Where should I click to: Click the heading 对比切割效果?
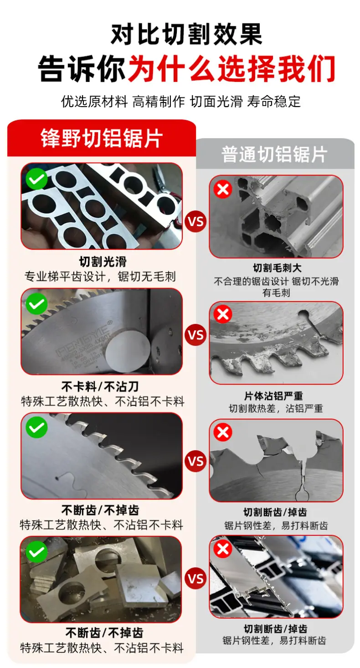tap(186, 34)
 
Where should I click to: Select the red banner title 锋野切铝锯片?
tap(102, 138)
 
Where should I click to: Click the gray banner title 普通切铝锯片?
tap(274, 154)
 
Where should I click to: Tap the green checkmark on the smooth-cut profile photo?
tap(37, 179)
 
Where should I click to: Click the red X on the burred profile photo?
tap(223, 189)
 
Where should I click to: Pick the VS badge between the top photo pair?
tap(195, 221)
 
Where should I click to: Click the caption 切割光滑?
tap(103, 262)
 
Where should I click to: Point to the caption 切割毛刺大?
tap(277, 268)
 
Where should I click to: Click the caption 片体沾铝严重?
tap(273, 396)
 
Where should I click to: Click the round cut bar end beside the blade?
tap(128, 347)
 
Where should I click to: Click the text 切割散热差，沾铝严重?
tap(276, 408)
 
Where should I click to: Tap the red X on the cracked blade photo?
tap(223, 432)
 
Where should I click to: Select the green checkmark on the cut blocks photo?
tap(37, 552)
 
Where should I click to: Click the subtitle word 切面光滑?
tap(216, 102)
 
